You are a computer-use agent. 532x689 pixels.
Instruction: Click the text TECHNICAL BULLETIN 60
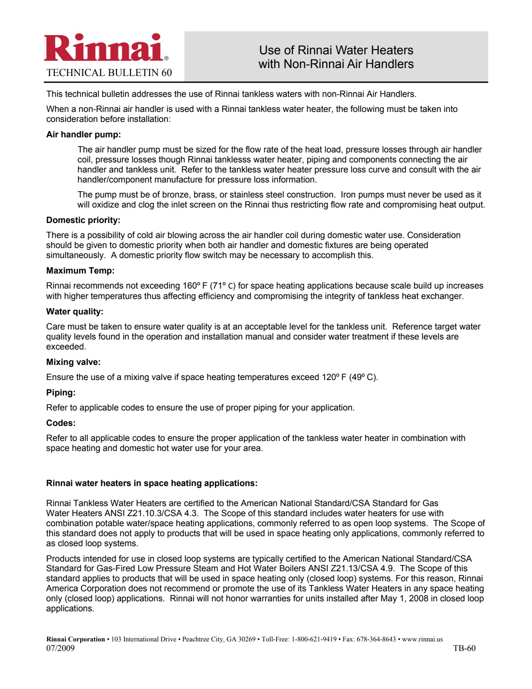point(109,73)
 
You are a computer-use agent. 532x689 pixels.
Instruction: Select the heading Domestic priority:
point(83,220)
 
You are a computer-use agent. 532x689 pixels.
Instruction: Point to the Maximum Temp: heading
point(80,271)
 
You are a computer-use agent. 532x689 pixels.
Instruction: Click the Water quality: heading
point(75,312)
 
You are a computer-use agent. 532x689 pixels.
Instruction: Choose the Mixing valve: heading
point(73,362)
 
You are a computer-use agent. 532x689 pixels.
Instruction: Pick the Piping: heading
point(61,393)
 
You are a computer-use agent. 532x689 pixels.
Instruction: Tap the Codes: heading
point(61,423)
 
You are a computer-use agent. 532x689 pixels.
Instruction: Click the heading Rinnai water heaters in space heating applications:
point(152,483)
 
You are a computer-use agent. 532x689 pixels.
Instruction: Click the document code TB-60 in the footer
point(464,648)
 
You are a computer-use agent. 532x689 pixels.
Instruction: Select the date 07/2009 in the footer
point(61,648)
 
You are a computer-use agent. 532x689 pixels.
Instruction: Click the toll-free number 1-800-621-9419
point(314,639)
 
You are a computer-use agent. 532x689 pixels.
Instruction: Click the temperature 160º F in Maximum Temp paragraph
point(195,286)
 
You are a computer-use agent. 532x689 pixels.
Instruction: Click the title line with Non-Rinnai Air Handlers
point(336,64)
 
